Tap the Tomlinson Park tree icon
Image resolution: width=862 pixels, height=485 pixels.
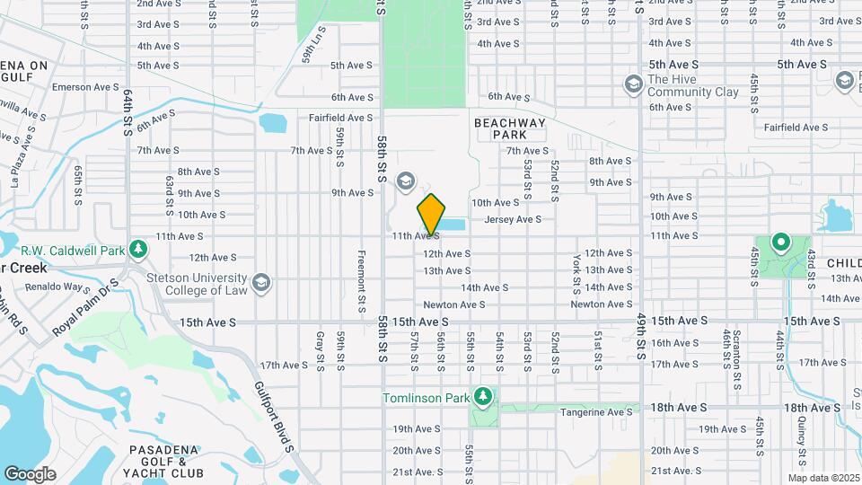coord(484,396)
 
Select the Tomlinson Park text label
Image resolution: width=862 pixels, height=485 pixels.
coord(427,397)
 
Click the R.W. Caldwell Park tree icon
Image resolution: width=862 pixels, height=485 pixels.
coord(137,248)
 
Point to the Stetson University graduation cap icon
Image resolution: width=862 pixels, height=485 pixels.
coord(261,283)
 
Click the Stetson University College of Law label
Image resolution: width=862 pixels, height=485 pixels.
coord(202,283)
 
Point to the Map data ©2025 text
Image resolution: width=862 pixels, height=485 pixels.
coord(822,478)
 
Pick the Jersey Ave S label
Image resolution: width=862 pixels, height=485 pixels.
coord(513,219)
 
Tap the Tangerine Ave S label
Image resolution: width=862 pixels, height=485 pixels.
coord(596,411)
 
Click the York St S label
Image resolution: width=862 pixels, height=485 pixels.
coord(576,272)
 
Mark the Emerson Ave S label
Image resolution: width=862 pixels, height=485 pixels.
coord(85,87)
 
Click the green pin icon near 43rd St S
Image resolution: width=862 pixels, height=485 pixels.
coord(780,242)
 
